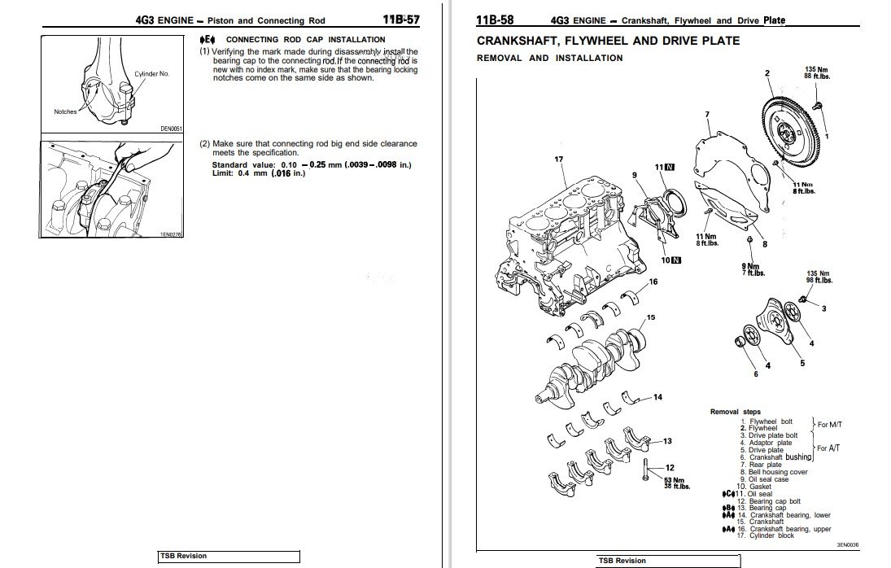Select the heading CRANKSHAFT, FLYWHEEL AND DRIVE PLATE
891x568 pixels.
tap(608, 41)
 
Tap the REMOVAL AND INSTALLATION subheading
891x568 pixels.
tap(549, 58)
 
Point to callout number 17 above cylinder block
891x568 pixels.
tap(559, 159)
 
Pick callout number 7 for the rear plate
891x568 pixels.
tap(706, 114)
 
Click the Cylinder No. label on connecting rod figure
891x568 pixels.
tap(151, 73)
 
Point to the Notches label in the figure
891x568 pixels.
tap(65, 111)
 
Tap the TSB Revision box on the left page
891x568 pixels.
tap(229, 557)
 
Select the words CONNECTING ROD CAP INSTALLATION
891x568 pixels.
tap(305, 39)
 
